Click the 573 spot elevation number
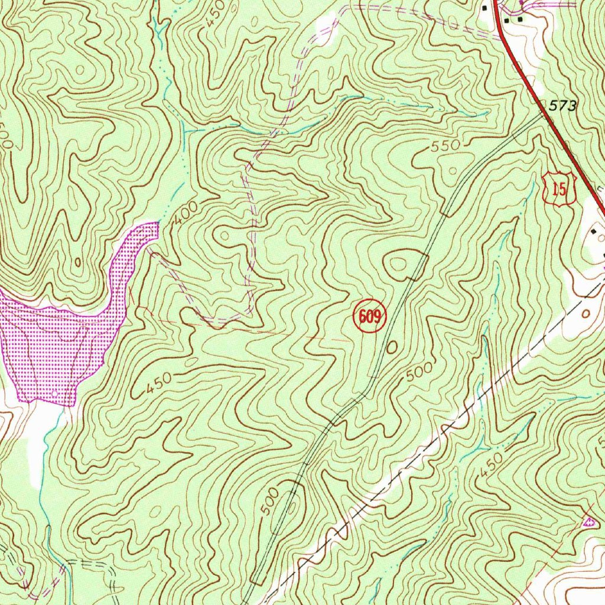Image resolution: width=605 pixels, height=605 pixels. (x=562, y=106)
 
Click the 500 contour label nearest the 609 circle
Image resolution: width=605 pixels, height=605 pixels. (x=419, y=374)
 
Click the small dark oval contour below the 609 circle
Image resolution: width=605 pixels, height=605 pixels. (x=391, y=348)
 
